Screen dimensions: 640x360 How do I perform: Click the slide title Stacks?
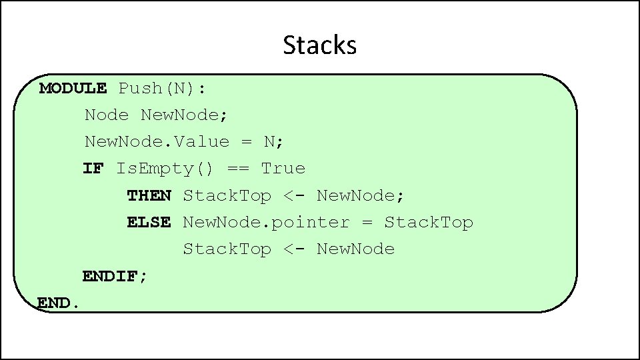(320, 45)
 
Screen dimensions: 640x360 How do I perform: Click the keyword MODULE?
(73, 88)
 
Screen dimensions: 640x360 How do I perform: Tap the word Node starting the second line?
(107, 115)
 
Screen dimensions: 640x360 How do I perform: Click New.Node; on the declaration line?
(185, 115)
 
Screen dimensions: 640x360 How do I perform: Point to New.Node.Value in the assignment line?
(157, 142)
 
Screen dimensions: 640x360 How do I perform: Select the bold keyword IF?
(93, 169)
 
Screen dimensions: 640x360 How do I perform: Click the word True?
(283, 169)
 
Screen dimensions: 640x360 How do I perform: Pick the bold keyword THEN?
(149, 195)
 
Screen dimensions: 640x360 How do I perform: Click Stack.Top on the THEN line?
(227, 195)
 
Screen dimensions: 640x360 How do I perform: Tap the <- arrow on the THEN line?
(294, 195)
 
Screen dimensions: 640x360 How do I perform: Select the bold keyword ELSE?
(149, 222)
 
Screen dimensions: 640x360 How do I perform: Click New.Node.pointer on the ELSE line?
(266, 222)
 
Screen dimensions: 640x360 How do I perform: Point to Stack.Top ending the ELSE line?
(429, 222)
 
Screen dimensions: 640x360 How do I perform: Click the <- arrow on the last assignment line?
(294, 249)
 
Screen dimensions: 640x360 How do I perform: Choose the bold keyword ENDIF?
(115, 276)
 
